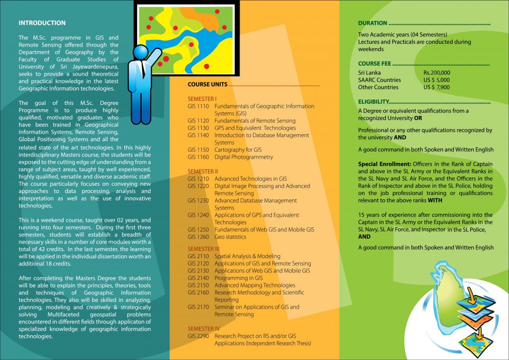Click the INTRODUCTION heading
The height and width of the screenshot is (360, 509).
pos(42,23)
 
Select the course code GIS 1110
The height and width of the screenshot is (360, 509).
pos(198,106)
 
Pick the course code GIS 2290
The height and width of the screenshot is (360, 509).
pos(198,336)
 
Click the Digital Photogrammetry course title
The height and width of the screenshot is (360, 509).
pos(244,157)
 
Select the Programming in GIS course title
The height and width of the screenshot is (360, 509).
pos(239,278)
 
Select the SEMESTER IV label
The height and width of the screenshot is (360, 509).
pos(203,329)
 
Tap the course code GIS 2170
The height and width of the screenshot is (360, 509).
pos(198,307)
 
